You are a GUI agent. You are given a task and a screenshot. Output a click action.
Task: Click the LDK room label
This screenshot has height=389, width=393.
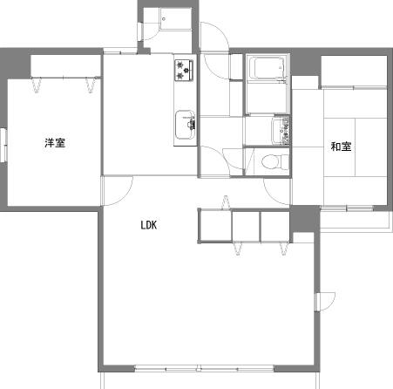click(149, 225)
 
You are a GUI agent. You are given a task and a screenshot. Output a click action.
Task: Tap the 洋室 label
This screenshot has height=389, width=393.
click(55, 143)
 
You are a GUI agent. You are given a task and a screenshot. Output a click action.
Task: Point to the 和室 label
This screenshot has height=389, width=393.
click(341, 147)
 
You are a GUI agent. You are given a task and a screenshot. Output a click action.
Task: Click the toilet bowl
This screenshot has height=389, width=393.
click(274, 161)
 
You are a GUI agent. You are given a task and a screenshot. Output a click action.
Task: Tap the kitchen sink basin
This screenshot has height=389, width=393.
click(185, 125)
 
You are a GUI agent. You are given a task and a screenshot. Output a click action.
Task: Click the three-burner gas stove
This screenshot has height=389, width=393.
click(184, 70)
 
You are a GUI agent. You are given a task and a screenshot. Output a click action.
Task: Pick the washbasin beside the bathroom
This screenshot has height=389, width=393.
click(281, 131)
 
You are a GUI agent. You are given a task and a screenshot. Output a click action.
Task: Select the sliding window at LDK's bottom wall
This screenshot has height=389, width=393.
click(204, 369)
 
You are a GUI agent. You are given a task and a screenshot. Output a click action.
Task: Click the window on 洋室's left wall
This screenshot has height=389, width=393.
click(3, 145)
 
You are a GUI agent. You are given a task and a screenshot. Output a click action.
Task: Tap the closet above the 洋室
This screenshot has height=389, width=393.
click(65, 66)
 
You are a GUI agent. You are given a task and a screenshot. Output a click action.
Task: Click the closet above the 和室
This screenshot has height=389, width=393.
click(354, 71)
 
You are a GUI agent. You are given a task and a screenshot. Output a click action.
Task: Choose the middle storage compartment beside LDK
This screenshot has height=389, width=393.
click(246, 226)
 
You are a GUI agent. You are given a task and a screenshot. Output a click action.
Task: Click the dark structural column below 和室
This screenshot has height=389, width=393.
click(304, 219)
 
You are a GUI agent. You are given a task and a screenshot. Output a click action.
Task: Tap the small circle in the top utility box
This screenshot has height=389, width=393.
click(164, 19)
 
